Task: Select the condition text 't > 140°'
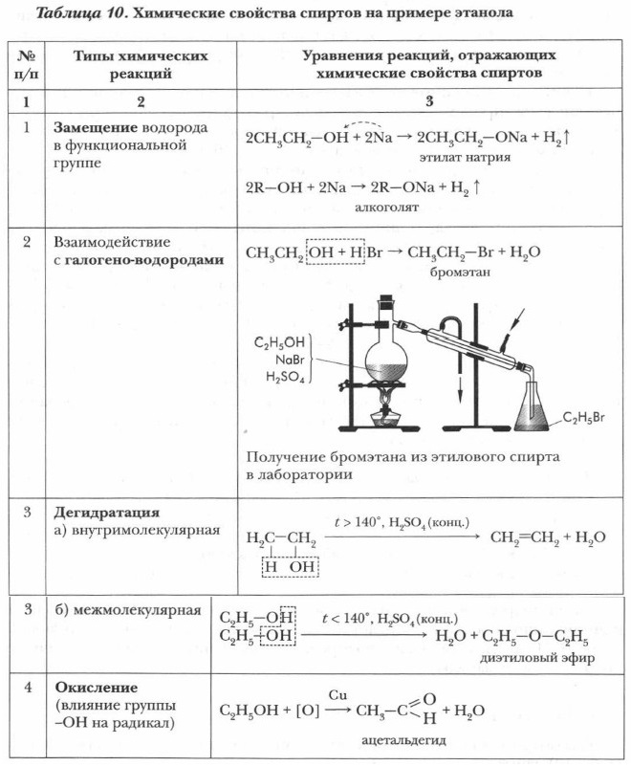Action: pos(358,523)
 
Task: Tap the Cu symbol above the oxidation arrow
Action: pos(337,692)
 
